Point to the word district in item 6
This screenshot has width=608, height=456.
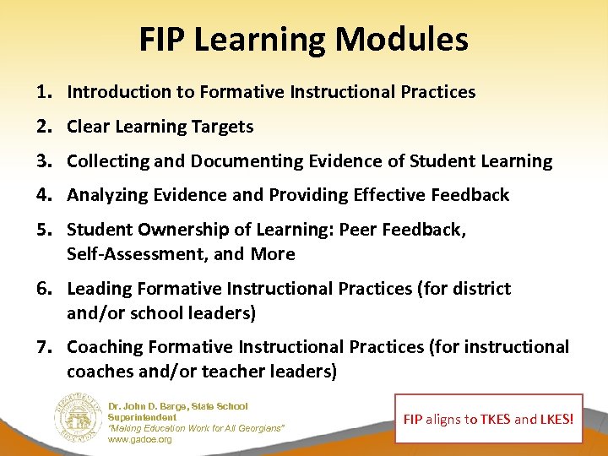coord(481,289)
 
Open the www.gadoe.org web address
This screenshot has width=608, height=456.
coord(139,440)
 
